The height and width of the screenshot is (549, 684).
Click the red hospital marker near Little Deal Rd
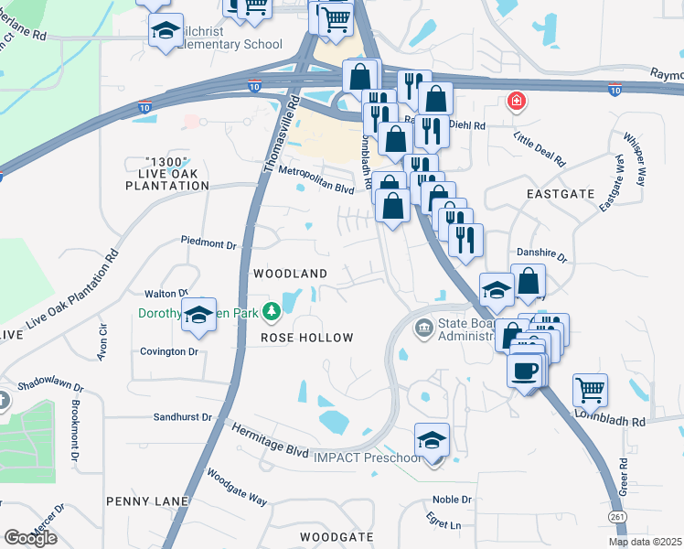[x=517, y=101]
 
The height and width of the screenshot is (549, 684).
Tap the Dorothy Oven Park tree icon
[x=272, y=313]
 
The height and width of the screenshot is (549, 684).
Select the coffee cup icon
[x=525, y=371]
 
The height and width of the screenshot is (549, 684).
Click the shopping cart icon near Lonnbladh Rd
[x=591, y=390]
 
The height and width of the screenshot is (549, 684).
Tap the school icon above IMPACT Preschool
[x=433, y=438]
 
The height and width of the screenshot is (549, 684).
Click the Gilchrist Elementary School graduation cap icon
[x=166, y=31]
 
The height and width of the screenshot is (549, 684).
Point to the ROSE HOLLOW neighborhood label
[x=307, y=338]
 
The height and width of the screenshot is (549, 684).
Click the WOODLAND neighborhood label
[x=290, y=274]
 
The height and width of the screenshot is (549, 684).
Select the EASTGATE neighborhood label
[x=561, y=194]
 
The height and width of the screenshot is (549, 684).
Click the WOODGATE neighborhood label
[x=337, y=536]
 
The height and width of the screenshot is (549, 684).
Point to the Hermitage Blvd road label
[x=270, y=439]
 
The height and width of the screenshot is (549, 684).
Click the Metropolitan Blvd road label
[x=315, y=181]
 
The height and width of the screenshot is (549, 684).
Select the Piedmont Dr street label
[x=208, y=244]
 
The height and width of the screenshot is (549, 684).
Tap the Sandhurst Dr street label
[x=183, y=416]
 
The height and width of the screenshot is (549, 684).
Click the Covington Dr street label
[x=169, y=351]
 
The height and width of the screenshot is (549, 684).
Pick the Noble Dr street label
[x=452, y=500]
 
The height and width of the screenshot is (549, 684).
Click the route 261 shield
[x=615, y=518]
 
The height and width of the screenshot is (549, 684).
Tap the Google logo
[x=30, y=538]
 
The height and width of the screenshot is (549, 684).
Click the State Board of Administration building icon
[x=424, y=328]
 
